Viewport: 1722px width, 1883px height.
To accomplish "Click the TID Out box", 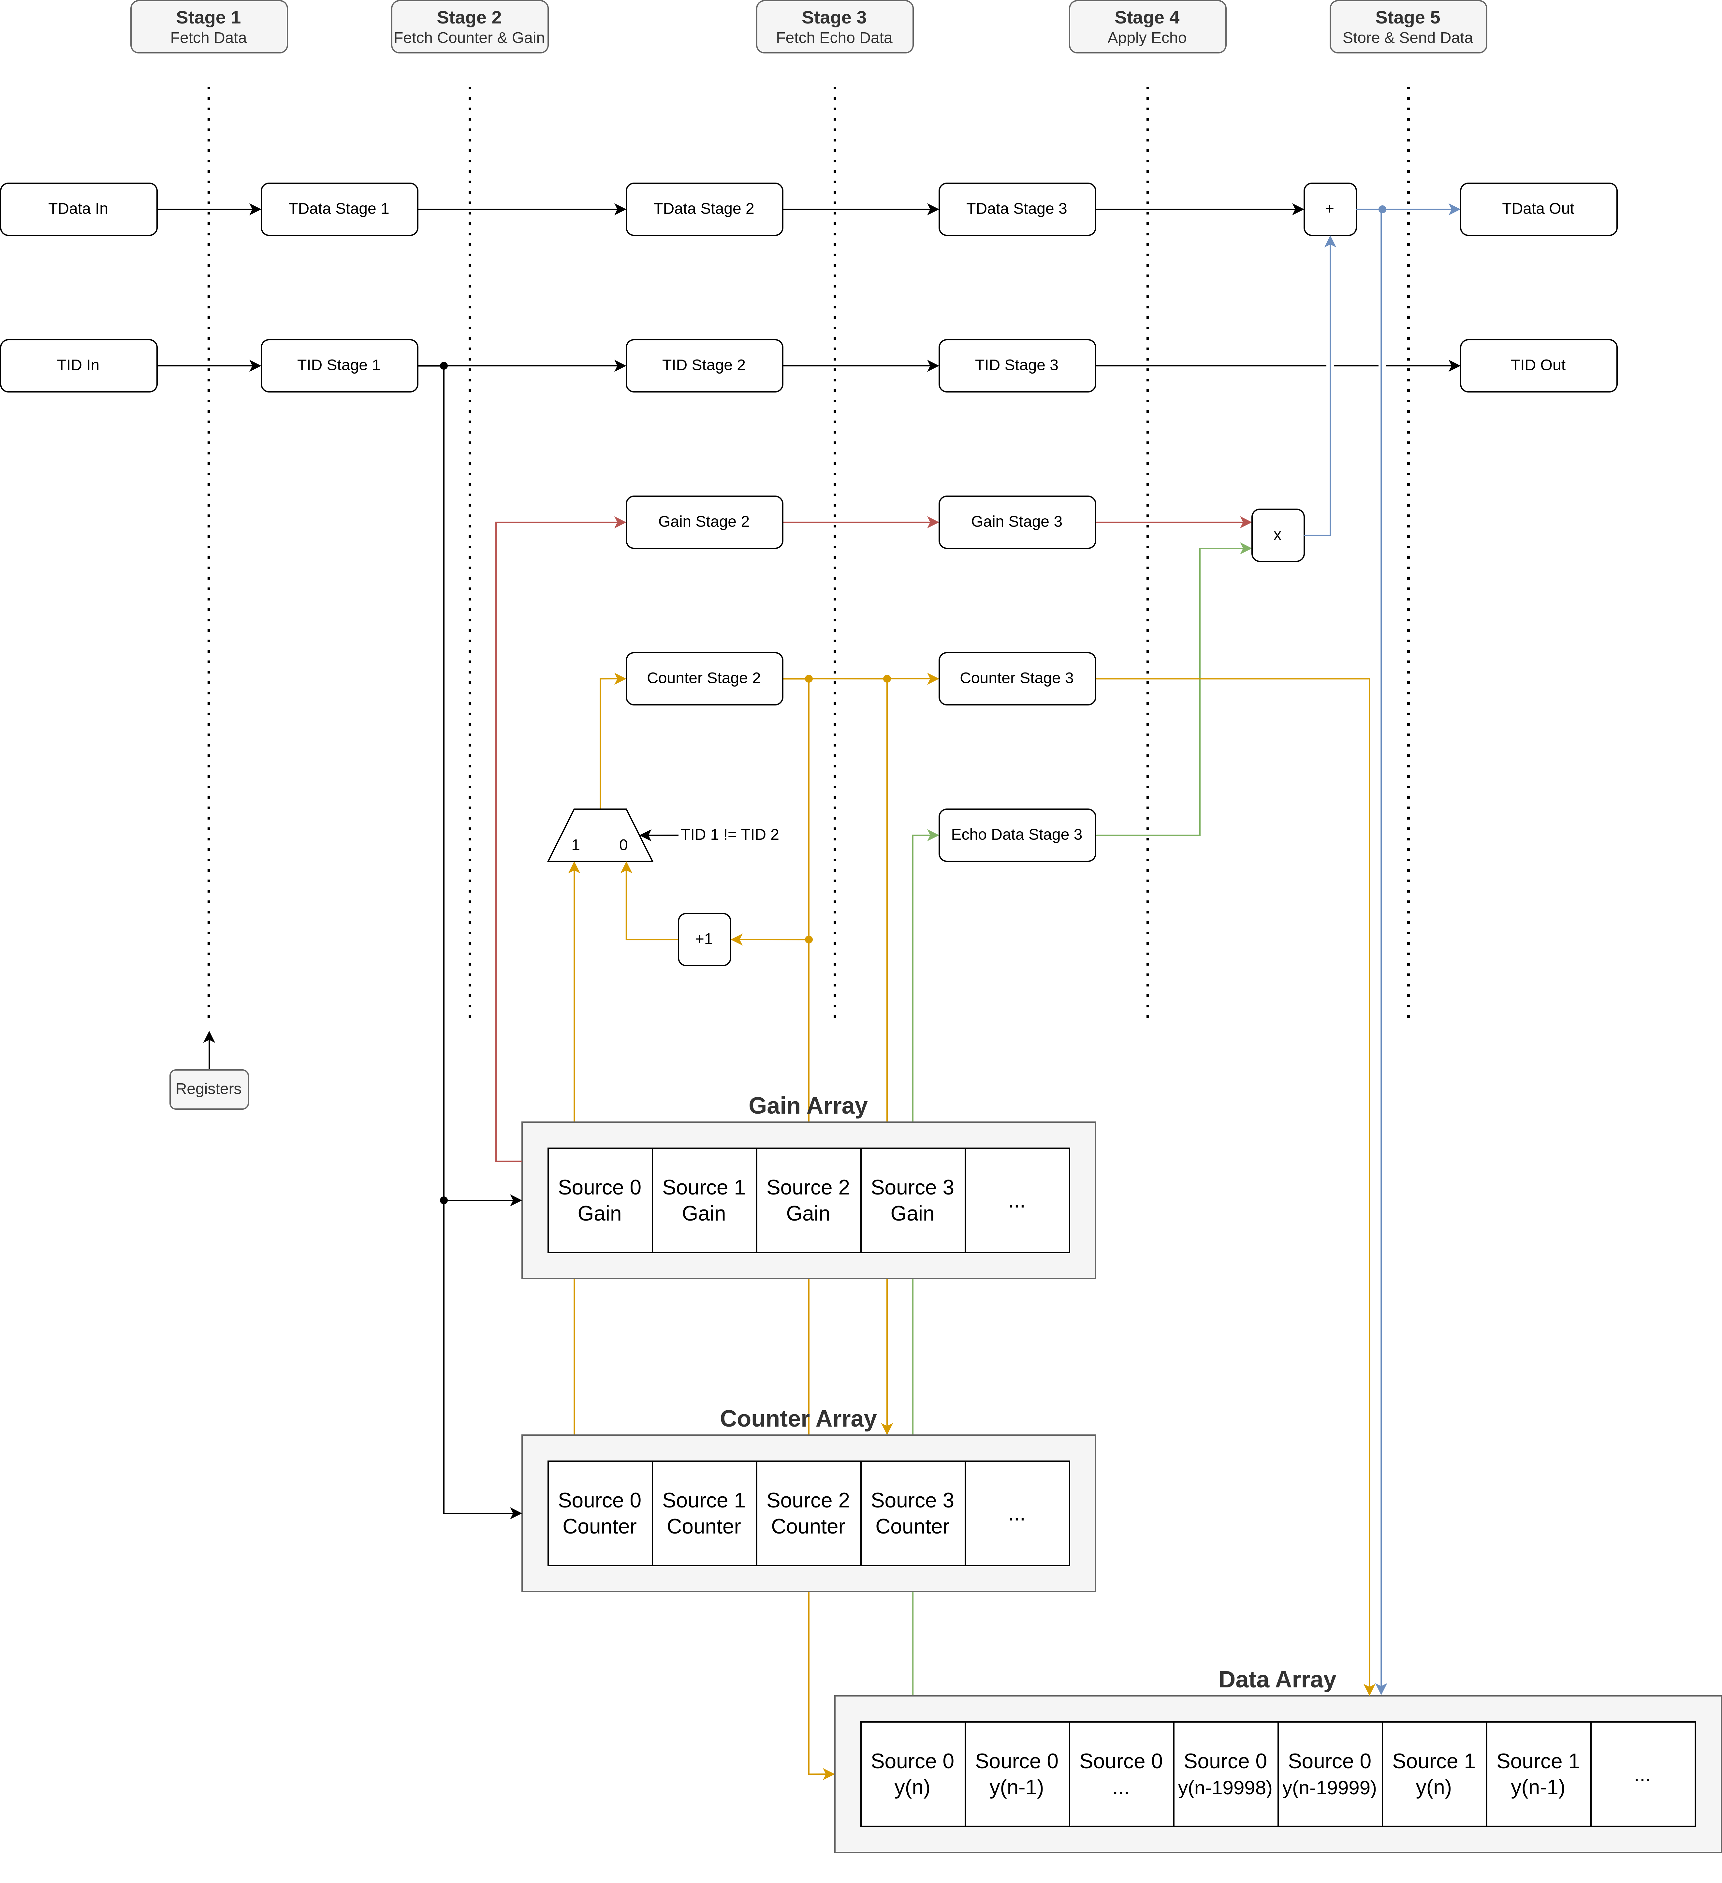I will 1538,365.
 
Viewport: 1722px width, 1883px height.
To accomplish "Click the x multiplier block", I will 1277,535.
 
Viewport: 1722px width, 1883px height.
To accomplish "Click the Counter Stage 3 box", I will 1017,678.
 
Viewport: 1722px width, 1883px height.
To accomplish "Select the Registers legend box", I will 208,1089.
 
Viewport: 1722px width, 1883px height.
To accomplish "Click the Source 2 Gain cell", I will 808,1200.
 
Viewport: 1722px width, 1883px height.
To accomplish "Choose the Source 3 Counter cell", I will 912,1513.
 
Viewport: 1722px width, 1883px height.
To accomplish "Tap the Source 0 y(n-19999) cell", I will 1330,1774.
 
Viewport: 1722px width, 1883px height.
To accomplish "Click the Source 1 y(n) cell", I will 1434,1774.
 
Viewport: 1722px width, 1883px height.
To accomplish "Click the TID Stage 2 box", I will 704,365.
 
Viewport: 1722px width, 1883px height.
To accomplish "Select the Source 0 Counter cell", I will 600,1513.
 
